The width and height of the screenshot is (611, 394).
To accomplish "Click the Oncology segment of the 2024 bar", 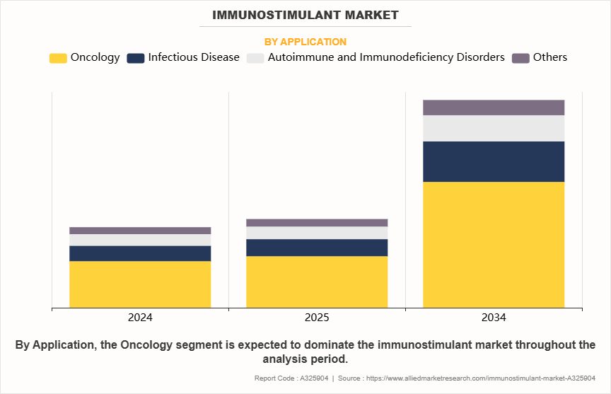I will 140,284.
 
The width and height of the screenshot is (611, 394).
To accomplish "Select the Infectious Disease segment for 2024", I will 140,253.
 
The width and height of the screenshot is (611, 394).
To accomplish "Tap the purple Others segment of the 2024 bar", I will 140,231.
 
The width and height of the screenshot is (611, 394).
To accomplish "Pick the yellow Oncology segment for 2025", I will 317,282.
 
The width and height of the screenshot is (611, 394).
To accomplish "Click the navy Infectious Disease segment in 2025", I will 317,248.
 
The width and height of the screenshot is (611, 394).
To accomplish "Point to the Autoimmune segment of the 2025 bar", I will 317,233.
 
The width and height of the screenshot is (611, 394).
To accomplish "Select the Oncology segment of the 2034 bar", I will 494,245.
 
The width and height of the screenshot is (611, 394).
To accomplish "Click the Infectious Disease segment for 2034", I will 494,161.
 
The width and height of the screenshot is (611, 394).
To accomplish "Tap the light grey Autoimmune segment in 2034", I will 494,128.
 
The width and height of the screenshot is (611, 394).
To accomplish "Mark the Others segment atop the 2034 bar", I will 494,108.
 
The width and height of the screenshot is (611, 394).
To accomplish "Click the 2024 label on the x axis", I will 140,318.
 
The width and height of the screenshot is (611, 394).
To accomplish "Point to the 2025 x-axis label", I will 317,318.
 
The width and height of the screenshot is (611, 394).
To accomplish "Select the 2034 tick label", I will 494,318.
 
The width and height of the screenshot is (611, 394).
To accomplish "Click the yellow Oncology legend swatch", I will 58,58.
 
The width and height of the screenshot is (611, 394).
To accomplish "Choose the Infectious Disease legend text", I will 194,57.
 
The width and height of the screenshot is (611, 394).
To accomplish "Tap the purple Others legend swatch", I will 520,58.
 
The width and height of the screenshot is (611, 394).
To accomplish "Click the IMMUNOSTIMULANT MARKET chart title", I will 305,14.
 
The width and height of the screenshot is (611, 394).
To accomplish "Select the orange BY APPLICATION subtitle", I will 305,42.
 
